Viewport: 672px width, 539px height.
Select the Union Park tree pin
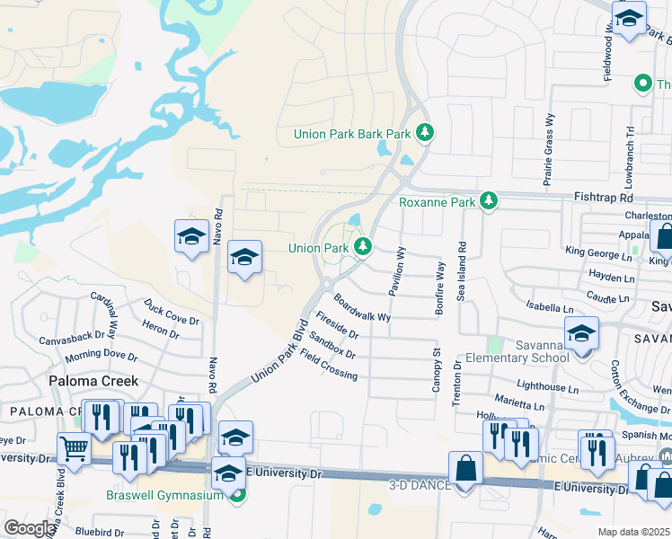pos(363,247)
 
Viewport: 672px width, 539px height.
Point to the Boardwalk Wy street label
pos(362,306)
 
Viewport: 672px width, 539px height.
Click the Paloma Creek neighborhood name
pos(93,381)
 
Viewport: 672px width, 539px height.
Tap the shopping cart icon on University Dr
pos(74,447)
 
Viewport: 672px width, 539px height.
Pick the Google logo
pos(30,528)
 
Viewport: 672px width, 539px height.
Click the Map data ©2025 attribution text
pos(634,532)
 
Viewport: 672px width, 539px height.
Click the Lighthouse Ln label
pos(549,387)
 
